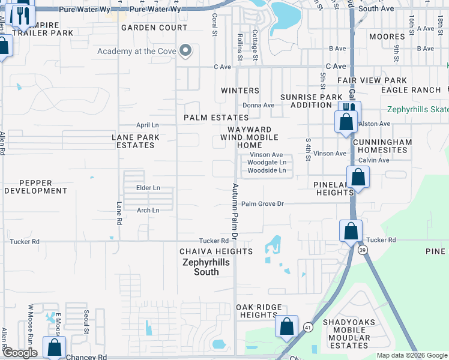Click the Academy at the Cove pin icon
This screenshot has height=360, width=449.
(185, 52)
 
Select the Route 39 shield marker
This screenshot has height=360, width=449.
(363, 251)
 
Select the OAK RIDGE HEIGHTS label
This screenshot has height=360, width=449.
(259, 311)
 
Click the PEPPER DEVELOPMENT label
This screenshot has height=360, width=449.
(35, 187)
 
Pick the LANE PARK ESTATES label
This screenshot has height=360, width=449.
(136, 141)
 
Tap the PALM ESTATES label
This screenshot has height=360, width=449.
(216, 118)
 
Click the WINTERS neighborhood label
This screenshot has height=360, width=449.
(240, 91)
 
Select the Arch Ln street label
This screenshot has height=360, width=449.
(148, 211)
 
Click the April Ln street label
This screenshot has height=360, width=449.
(147, 125)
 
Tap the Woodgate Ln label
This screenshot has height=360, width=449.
(267, 163)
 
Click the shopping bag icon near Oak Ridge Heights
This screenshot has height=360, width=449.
(287, 326)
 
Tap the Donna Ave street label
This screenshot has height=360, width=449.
(258, 105)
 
